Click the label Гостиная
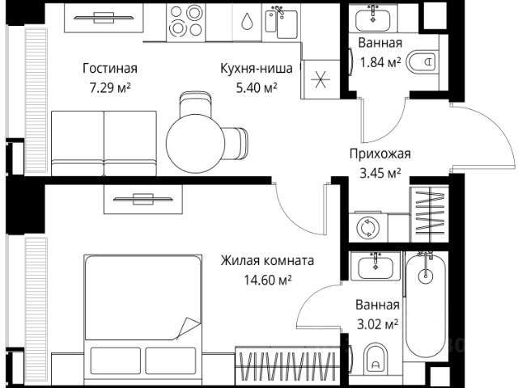(110, 68)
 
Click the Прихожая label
(380, 154)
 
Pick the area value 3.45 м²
(380, 172)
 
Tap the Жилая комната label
(266, 261)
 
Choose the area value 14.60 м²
(266, 279)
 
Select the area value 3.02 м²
(377, 324)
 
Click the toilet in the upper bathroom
(420, 61)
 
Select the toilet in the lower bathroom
(376, 357)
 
